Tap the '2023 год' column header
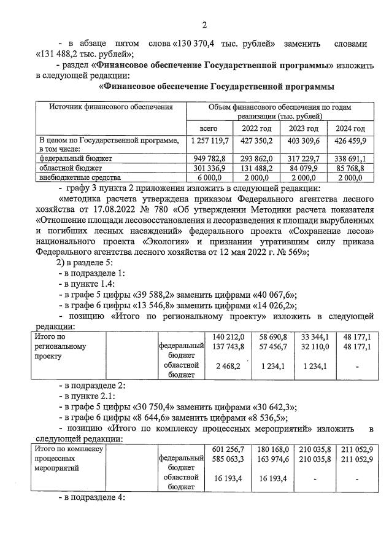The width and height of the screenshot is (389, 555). point(303,128)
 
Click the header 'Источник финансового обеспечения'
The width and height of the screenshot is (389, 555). point(111,107)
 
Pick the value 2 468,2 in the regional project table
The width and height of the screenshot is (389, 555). point(228,367)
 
